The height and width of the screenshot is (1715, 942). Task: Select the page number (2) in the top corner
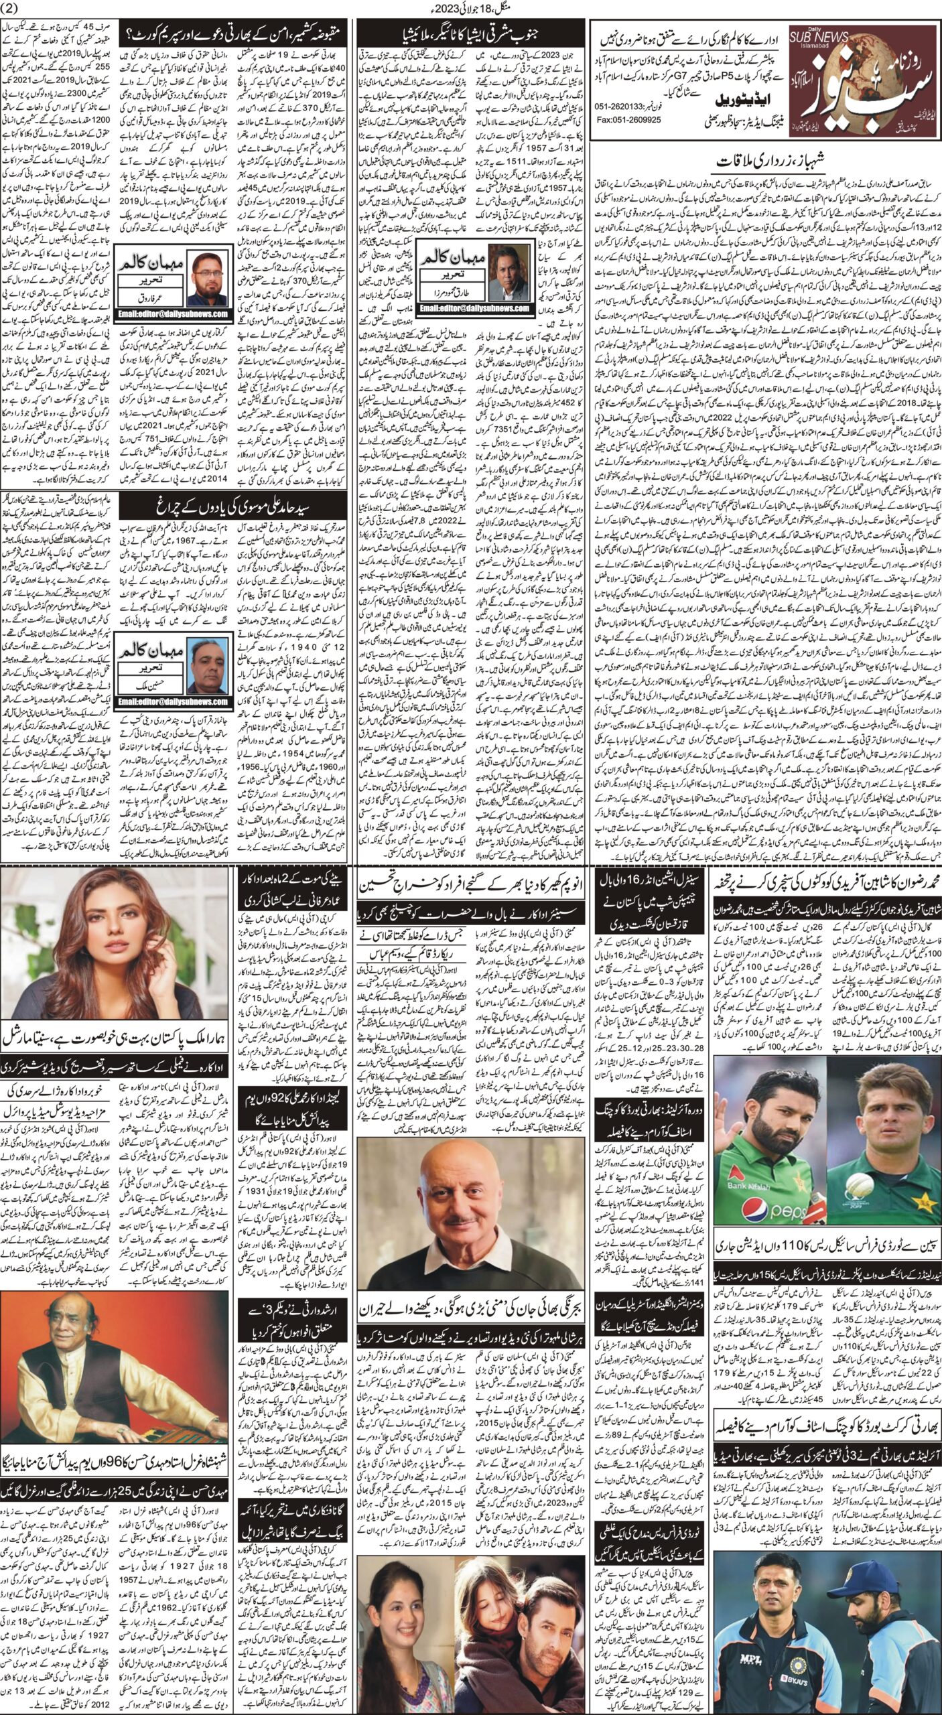pyautogui.click(x=15, y=8)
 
